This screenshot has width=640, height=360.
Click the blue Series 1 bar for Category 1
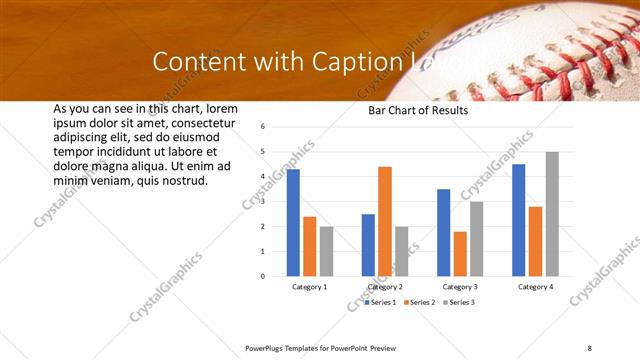point(293,222)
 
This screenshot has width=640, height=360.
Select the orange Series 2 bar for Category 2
point(385,221)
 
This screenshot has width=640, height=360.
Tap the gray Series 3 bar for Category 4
point(552,214)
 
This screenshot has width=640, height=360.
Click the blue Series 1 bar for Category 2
point(368,245)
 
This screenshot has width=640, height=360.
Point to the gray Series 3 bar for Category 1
point(326,251)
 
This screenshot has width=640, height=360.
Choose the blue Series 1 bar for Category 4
point(519,220)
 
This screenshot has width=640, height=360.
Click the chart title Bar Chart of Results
point(418,111)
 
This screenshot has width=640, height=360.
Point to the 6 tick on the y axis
point(261,127)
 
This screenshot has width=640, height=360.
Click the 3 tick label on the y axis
point(261,201)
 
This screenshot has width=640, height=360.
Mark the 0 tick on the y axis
point(261,276)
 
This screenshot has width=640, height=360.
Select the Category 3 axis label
point(460,287)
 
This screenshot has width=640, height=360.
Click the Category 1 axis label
point(310,287)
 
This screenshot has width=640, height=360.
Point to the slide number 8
point(590,347)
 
